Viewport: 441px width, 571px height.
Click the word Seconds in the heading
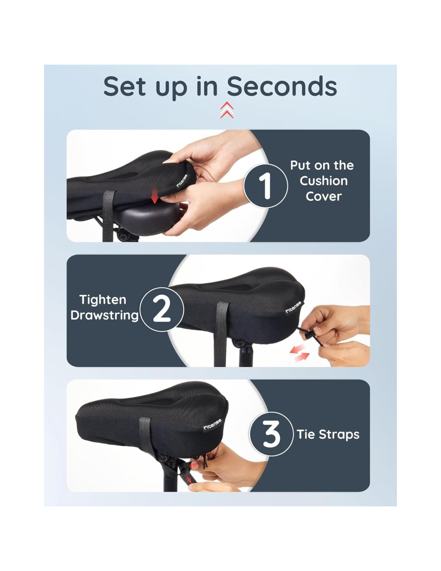coord(282,86)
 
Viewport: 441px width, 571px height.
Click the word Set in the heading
coord(124,86)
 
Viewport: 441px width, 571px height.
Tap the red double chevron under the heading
coord(227,110)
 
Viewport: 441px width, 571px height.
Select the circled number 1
coord(265,186)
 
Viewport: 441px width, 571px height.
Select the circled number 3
coord(271,434)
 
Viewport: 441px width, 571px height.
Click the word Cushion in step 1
coord(324,181)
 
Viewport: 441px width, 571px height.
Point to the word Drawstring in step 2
coord(104,316)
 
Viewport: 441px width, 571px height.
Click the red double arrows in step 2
coord(299,353)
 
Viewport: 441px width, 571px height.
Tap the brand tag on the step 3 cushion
coord(212,424)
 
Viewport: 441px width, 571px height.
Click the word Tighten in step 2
coord(103,300)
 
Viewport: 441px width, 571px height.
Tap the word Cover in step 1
coord(324,196)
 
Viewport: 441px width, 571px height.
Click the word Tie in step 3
coord(305,434)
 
